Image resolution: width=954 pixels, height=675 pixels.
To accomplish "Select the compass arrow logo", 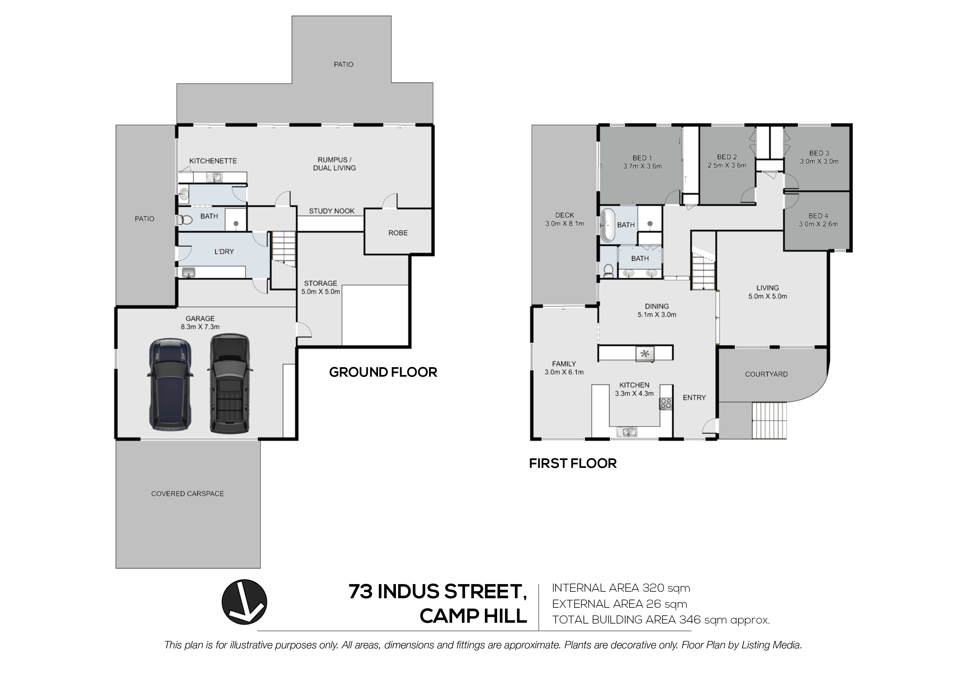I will pyautogui.click(x=244, y=602).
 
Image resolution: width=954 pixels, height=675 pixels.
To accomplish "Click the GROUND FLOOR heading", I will pyautogui.click(x=383, y=372).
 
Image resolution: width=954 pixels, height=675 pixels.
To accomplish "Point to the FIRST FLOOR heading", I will pyautogui.click(x=572, y=463).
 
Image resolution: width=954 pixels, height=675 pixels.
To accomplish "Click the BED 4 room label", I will pyautogui.click(x=818, y=216).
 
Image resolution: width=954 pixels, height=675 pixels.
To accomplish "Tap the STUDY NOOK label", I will pyautogui.click(x=332, y=211).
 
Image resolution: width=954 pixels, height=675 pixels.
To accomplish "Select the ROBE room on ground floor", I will pyautogui.click(x=398, y=233).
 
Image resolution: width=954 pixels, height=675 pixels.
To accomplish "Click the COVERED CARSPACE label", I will pyautogui.click(x=187, y=494).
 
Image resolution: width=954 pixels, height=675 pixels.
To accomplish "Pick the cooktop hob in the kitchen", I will pyautogui.click(x=666, y=403).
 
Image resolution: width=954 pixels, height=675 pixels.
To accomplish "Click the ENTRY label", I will pyautogui.click(x=694, y=398).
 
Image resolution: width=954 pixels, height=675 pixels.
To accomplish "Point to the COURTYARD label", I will pyautogui.click(x=766, y=374).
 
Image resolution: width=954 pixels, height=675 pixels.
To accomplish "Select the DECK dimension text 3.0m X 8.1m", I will pyautogui.click(x=564, y=224).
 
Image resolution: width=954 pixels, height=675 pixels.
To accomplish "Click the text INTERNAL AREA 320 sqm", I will pyautogui.click(x=621, y=588).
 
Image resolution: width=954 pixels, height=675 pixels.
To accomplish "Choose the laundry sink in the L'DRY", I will pyautogui.click(x=189, y=272).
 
